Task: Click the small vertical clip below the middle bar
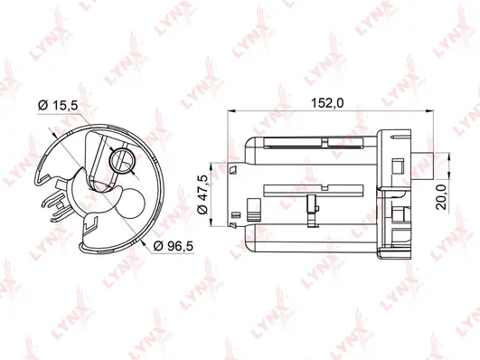309,205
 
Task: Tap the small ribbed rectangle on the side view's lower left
236,215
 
